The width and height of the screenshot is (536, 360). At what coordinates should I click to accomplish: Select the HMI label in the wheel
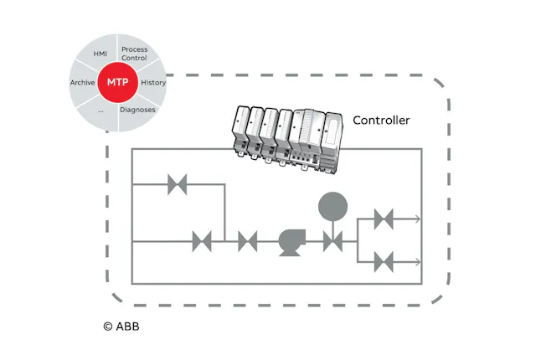[100, 54]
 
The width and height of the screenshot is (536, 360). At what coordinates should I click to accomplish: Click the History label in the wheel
[153, 83]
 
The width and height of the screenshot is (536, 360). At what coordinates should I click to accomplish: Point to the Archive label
[82, 83]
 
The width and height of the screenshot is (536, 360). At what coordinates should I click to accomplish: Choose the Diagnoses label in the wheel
[137, 109]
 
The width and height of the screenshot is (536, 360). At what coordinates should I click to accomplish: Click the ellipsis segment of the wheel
[100, 110]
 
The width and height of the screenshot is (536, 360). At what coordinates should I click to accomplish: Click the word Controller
[381, 121]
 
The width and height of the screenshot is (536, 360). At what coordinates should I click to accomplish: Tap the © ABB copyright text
[121, 326]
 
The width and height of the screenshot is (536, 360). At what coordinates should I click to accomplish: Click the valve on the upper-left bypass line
[177, 185]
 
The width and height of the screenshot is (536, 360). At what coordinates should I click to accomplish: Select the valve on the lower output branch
[384, 261]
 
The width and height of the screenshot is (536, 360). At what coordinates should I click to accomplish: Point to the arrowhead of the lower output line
[417, 261]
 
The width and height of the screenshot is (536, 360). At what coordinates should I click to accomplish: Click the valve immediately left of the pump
[247, 242]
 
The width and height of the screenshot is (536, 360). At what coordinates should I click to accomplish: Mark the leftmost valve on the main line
[202, 242]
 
